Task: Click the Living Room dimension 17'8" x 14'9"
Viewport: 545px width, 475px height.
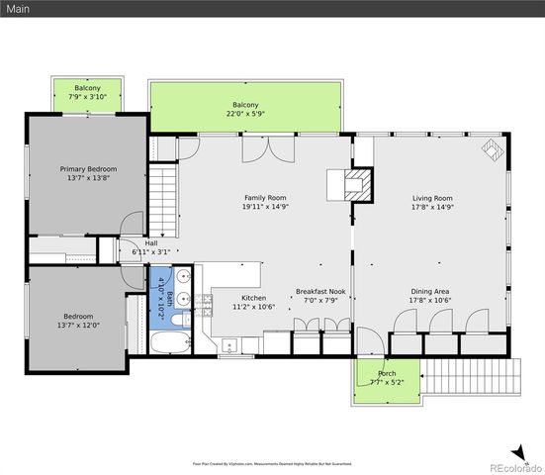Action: [431, 208]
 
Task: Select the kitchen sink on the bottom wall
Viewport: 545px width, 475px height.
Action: [229, 345]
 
